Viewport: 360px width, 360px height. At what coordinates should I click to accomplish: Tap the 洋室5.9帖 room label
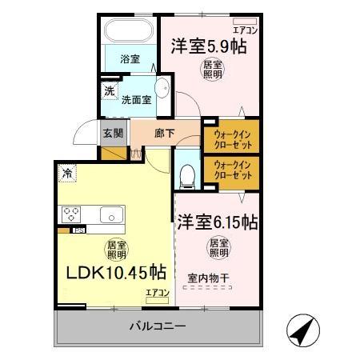(x=207, y=46)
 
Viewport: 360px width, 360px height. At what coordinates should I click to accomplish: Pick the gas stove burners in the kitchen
(x=70, y=214)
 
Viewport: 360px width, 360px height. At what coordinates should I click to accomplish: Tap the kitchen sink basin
(x=109, y=214)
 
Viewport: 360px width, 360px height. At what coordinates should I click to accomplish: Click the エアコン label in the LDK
(x=157, y=294)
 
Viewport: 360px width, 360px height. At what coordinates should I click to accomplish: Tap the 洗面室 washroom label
(x=136, y=100)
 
